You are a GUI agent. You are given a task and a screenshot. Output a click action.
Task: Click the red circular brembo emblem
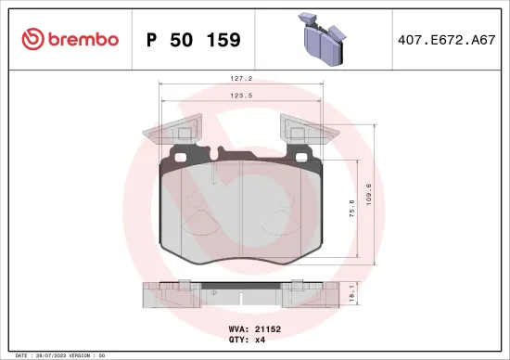pos(32,39)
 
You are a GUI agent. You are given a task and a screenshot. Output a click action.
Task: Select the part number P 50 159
pos(194,39)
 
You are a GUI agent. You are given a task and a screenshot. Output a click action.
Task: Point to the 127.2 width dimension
pos(242,79)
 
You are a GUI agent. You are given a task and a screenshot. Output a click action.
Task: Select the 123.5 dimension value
pos(242,95)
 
